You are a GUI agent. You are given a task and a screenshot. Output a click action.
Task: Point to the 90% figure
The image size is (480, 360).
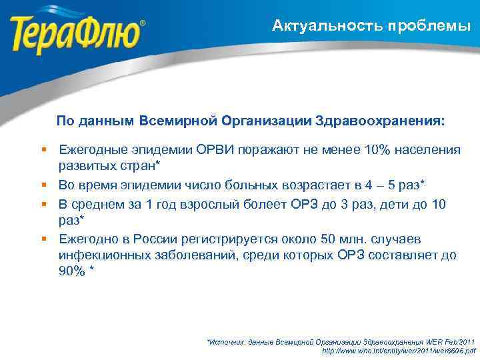point(72,271)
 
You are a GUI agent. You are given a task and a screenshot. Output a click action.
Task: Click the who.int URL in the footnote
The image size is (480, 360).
point(399,350)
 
